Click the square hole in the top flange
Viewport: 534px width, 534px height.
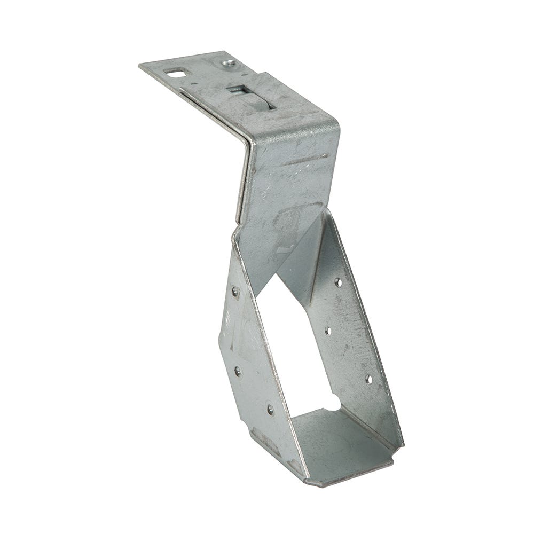tap(174, 72)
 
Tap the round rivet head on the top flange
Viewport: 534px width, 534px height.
tap(228, 64)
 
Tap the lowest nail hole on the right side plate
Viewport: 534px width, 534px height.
tap(368, 379)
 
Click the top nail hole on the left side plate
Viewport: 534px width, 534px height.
tap(235, 292)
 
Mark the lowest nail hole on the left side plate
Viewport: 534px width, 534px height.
tap(270, 410)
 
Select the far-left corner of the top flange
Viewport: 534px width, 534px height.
tap(140, 66)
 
